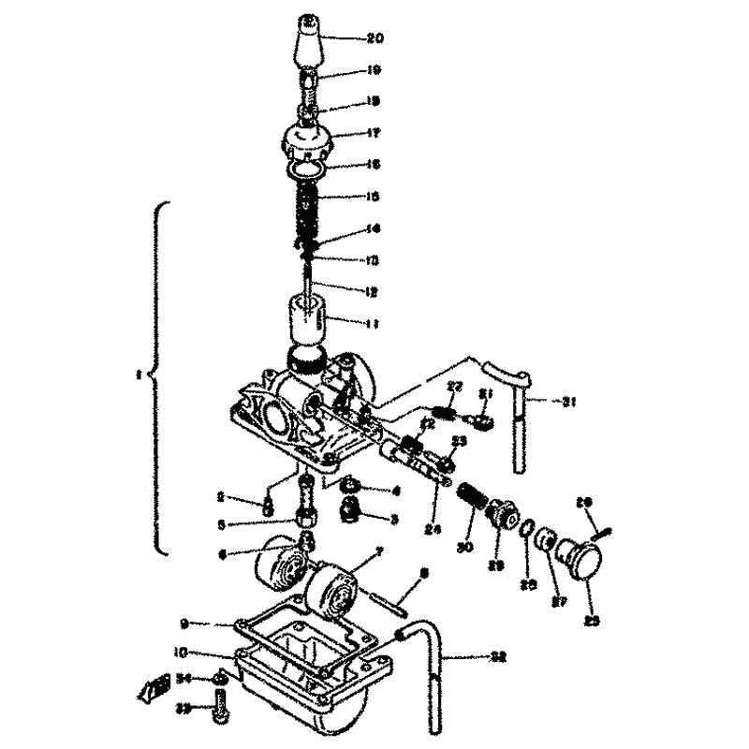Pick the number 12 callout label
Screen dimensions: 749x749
(x=373, y=292)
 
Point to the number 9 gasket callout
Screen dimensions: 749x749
(x=184, y=623)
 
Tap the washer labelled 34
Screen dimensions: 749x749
(x=217, y=677)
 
